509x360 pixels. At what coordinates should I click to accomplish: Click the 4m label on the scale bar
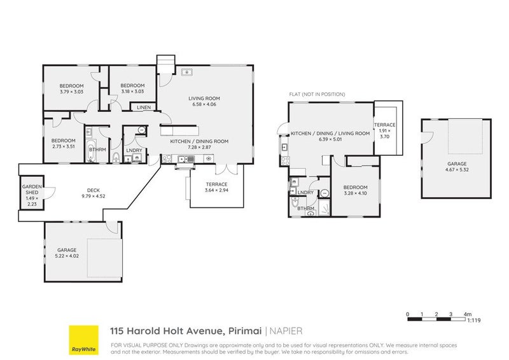click(468, 314)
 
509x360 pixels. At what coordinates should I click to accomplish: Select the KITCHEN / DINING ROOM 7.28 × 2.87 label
click(199, 144)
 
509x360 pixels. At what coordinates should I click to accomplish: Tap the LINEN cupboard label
click(143, 107)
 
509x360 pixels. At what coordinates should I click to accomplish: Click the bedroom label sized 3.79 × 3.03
click(72, 89)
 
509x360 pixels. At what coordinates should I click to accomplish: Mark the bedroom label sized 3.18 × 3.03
click(132, 89)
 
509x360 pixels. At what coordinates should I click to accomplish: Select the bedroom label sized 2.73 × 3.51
click(64, 144)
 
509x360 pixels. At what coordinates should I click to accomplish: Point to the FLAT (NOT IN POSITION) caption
click(317, 94)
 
